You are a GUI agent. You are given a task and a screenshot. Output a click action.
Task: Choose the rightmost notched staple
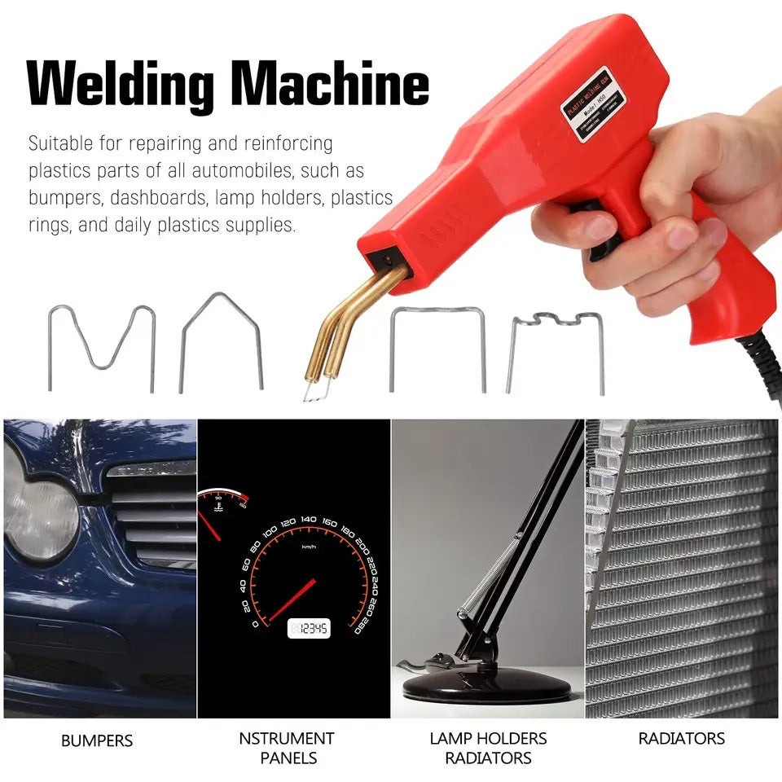pos(555,351)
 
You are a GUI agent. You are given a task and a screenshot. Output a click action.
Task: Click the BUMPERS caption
pos(97,741)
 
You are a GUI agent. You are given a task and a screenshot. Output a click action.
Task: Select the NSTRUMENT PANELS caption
pos(286,748)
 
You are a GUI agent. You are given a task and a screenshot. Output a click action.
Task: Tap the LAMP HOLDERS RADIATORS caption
pos(488,748)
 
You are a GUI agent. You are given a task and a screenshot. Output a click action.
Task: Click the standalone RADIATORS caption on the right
pos(681,739)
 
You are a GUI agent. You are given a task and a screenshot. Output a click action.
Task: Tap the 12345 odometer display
pos(309,628)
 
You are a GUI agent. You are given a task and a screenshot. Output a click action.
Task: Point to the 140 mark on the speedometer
pos(308,519)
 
